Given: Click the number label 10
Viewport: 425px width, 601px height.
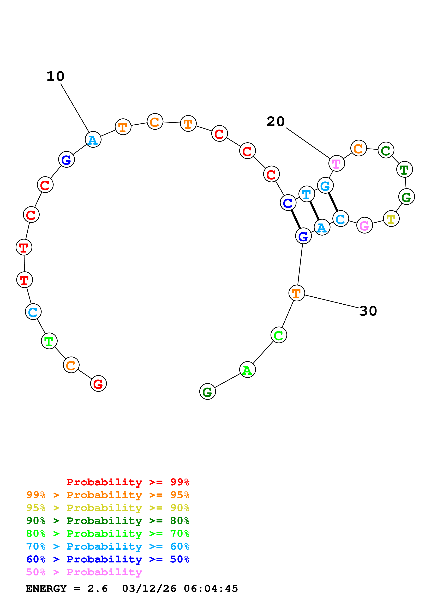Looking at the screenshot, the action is coord(55,76).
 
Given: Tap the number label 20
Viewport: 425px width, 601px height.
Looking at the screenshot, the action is coord(276,122).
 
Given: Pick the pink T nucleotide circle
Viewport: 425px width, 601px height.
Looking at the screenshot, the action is coord(337,163).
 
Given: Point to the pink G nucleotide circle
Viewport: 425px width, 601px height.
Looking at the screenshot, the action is coord(364,225).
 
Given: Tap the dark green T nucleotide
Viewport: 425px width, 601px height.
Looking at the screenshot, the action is coord(405,169).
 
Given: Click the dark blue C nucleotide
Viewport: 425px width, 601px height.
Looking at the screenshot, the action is coord(288,203).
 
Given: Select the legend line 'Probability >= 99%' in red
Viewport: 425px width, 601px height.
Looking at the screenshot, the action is coord(128,482).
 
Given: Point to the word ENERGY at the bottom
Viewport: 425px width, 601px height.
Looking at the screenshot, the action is coord(46,588).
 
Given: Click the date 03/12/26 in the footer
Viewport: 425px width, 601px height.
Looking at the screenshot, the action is coord(149,588).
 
